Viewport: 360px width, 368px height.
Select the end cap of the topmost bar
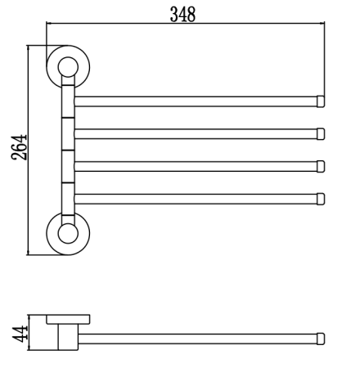pos(321,101)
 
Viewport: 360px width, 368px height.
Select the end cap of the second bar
pos(321,133)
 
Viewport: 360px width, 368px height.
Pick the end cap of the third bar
pos(321,166)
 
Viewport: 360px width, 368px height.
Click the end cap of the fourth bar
pos(321,197)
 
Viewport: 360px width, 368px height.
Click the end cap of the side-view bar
pos(321,338)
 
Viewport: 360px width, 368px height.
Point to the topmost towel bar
pos(196,101)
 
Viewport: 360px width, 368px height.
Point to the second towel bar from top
pos(196,133)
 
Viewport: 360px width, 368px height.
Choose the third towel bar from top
pos(196,166)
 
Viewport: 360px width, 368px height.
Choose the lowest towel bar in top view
pos(196,197)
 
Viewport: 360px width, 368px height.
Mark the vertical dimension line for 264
pos(30,149)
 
